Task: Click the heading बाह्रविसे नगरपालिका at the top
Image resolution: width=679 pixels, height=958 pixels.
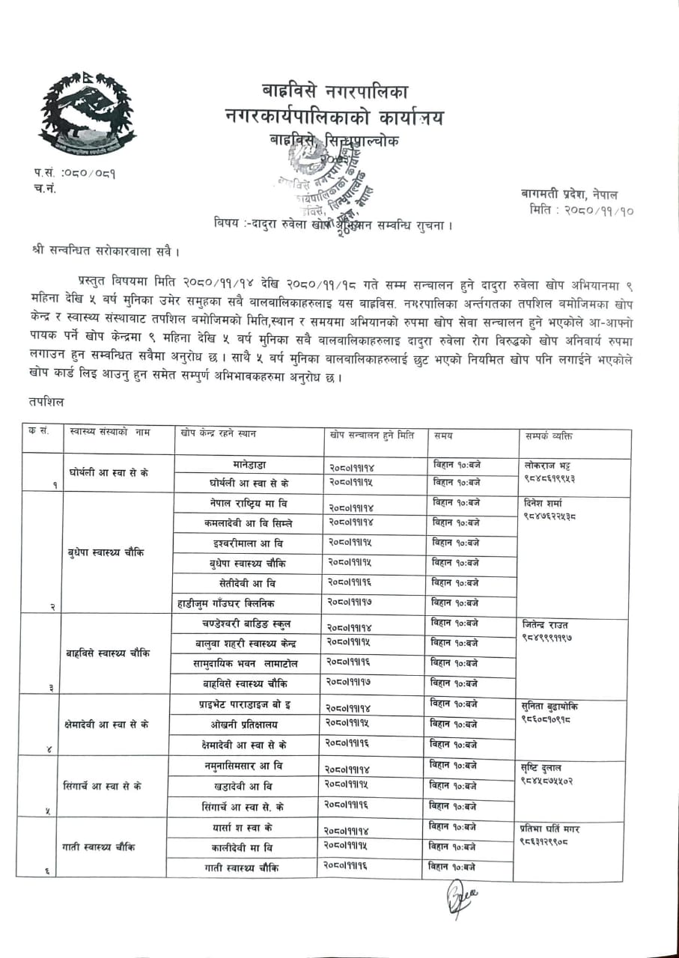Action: click(335, 92)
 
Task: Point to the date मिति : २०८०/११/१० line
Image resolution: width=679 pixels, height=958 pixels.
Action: click(581, 211)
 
